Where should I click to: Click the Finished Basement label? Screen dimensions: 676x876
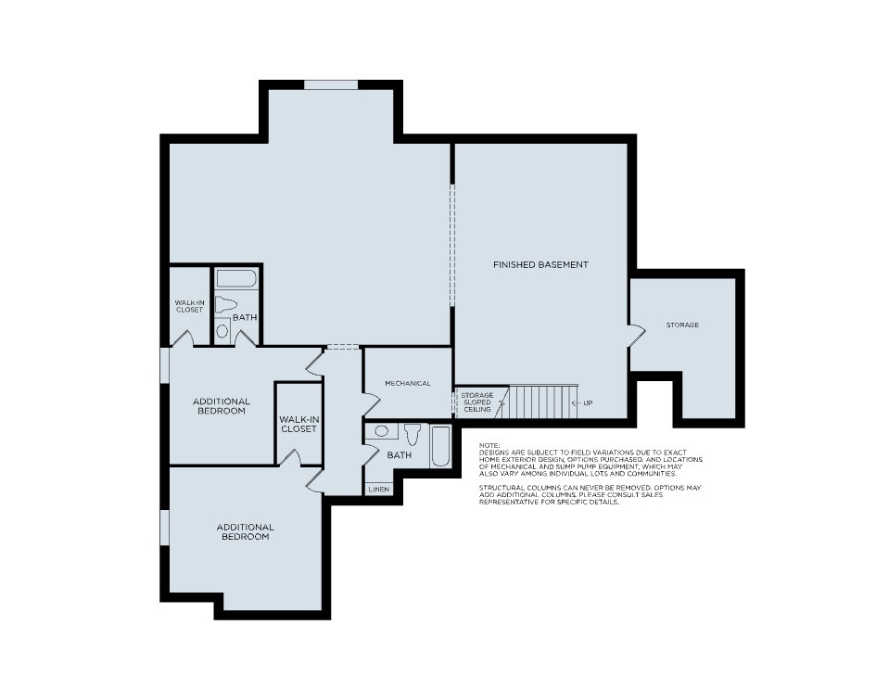pos(540,265)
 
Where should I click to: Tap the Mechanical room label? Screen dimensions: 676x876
pos(408,383)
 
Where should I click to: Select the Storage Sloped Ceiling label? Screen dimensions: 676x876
pos(477,402)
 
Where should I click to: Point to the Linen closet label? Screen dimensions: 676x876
pos(378,489)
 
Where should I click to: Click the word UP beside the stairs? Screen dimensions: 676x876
pos(588,403)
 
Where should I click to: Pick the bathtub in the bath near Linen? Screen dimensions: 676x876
pos(440,447)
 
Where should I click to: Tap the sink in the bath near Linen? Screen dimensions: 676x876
pos(380,431)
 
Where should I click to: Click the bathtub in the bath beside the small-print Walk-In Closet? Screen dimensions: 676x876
pos(237,278)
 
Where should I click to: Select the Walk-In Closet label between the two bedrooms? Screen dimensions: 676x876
pos(298,424)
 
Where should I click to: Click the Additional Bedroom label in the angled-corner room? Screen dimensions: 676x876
pos(245,531)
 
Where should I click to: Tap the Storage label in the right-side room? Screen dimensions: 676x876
pos(682,325)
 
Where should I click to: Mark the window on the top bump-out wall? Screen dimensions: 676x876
pos(331,85)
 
